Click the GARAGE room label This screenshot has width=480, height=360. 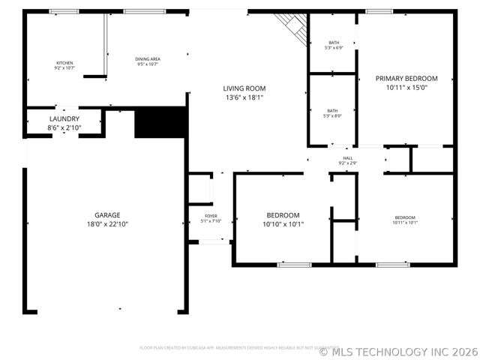pos(107,214)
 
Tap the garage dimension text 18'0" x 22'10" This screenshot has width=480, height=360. pos(107,223)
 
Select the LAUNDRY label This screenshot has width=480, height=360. pos(64,119)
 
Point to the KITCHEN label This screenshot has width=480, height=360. pos(64,62)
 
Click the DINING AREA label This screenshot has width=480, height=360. pos(148,58)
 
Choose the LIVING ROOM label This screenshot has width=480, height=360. pos(244,88)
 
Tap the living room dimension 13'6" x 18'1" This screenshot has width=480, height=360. pos(244,97)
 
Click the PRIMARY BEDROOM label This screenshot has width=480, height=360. pos(406,78)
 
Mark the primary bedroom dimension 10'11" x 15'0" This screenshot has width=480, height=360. pos(406,87)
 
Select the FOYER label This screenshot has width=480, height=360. pos(211,216)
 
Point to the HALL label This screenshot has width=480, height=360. pos(347,157)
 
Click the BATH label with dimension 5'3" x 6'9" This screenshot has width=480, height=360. pos(332,44)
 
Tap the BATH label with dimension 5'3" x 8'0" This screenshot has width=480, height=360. pos(332,111)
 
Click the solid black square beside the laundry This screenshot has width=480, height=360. pos(160,123)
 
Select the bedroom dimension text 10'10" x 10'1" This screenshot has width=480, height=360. pos(283,223)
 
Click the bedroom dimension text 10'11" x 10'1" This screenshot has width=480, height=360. pos(405,222)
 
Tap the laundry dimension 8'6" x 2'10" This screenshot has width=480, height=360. pos(64,128)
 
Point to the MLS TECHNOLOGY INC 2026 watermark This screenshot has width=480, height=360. pos(397,350)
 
